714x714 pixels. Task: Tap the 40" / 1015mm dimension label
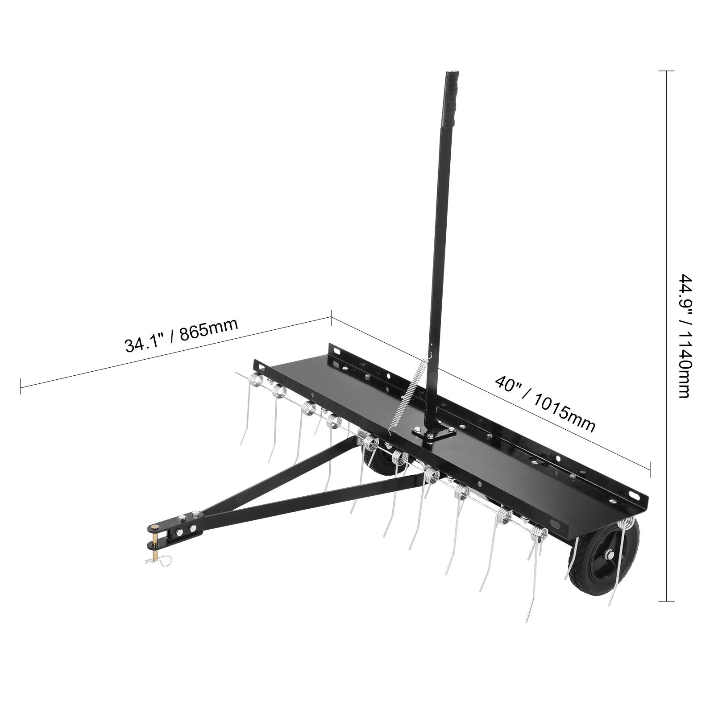click(x=545, y=403)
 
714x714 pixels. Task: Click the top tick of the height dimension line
click(x=667, y=71)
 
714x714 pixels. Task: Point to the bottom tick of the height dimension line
click(x=667, y=601)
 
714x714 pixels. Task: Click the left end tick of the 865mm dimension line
click(x=21, y=386)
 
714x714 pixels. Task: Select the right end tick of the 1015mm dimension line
click(x=650, y=469)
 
